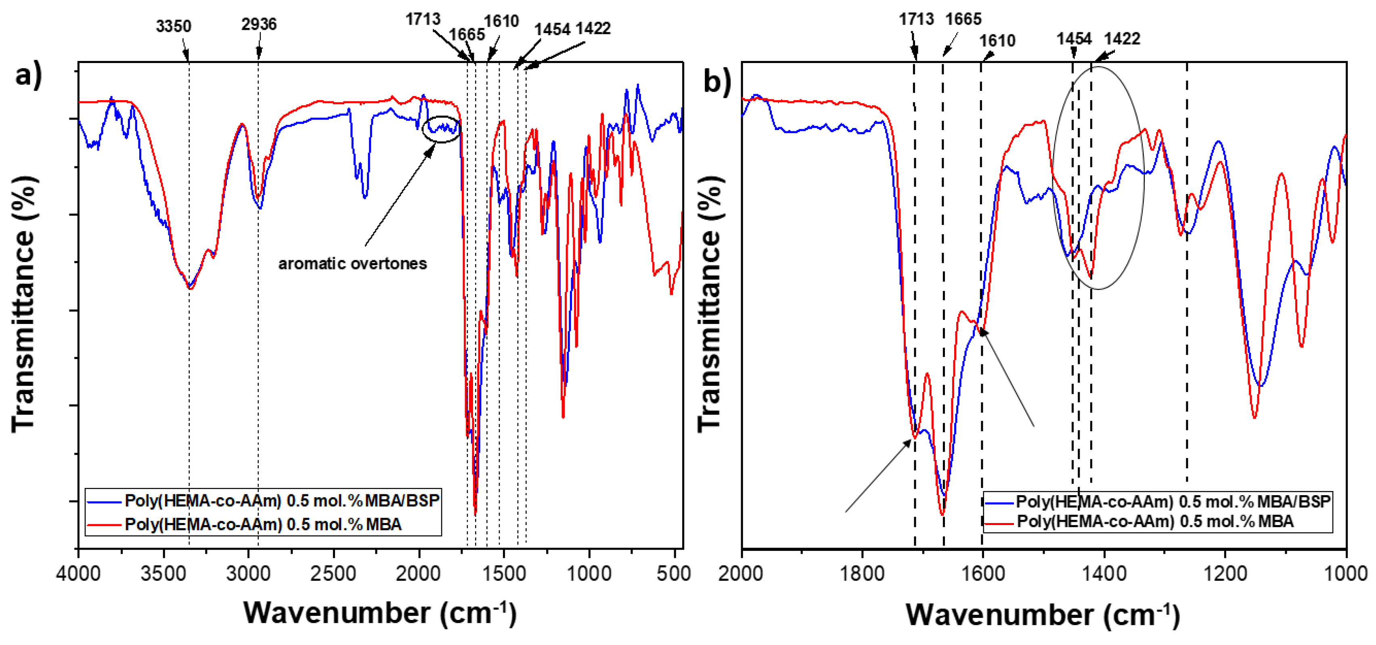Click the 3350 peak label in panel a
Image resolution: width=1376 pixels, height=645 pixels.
(x=173, y=26)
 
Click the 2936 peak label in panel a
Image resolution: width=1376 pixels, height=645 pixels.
(x=259, y=24)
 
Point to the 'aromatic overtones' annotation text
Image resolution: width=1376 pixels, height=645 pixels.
(x=352, y=263)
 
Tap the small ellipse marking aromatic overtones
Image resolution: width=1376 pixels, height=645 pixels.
(x=441, y=129)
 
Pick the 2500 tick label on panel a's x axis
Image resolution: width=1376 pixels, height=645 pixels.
(x=334, y=574)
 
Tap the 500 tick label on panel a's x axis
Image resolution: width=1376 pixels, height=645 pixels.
(x=674, y=574)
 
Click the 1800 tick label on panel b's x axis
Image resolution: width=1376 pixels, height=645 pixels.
(x=862, y=574)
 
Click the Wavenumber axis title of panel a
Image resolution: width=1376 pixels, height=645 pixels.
(x=380, y=612)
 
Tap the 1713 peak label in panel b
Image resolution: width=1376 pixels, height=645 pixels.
(x=916, y=19)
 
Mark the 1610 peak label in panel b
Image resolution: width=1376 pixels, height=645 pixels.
(x=997, y=41)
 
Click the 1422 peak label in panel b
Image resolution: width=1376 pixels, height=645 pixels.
(x=1122, y=38)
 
